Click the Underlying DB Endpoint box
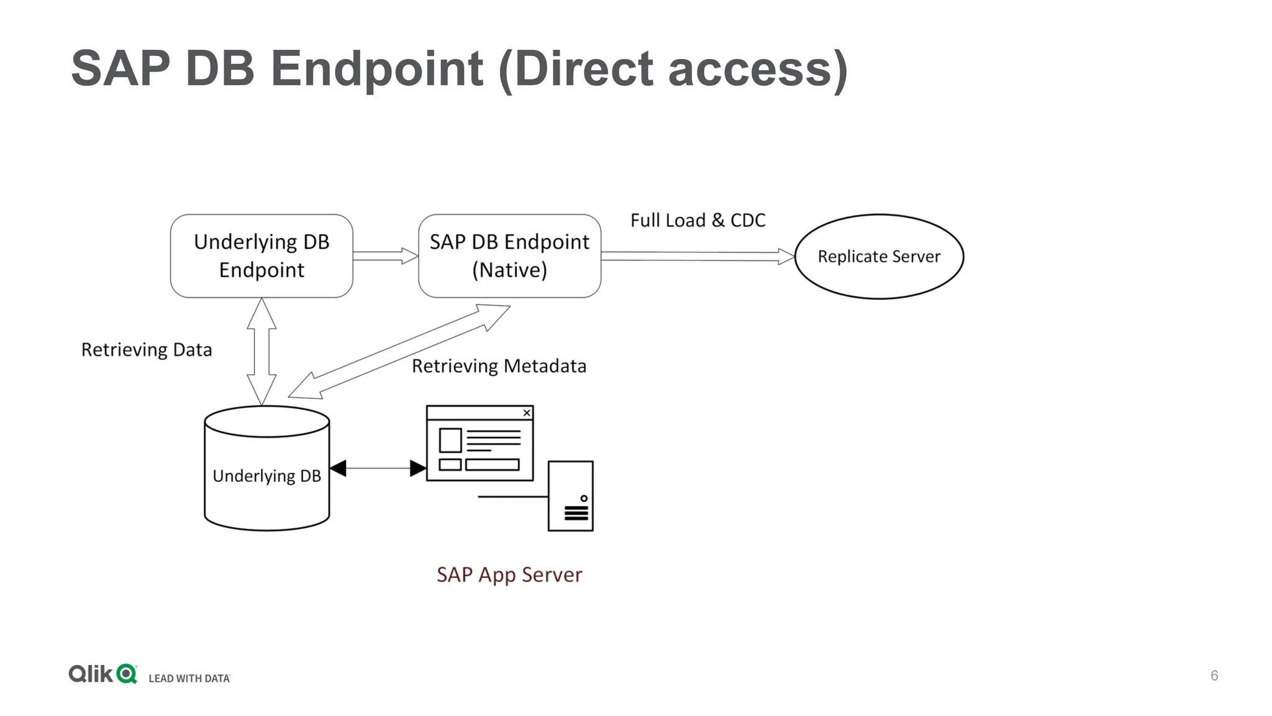pos(261,256)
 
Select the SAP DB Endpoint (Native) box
pos(509,256)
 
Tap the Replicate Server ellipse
pos(879,257)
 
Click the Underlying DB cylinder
pos(266,475)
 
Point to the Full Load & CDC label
pos(697,221)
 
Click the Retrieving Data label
pos(147,350)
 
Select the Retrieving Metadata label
pos(499,366)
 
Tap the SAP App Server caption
pos(509,575)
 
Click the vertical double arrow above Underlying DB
pos(261,351)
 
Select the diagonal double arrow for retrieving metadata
pos(399,352)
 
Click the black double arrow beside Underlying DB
pos(378,468)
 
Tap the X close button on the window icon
pos(527,413)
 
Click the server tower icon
pos(570,496)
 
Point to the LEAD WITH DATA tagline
pos(189,678)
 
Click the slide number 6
pos(1214,676)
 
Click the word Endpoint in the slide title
pos(377,69)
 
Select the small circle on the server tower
pos(584,498)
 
